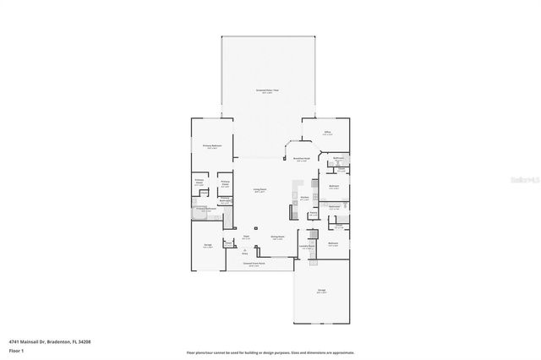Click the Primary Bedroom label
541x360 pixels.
(x=211, y=146)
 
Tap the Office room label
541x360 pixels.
(x=326, y=132)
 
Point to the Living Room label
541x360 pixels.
(x=260, y=190)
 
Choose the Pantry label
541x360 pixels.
(x=312, y=213)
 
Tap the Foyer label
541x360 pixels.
(x=246, y=237)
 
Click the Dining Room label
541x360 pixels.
(x=276, y=237)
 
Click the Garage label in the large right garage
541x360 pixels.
(x=321, y=290)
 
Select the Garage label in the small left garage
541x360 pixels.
(x=207, y=246)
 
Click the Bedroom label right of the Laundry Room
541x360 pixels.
(x=333, y=243)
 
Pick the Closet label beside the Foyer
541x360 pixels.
(x=227, y=243)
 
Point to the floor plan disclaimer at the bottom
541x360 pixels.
(x=270, y=352)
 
